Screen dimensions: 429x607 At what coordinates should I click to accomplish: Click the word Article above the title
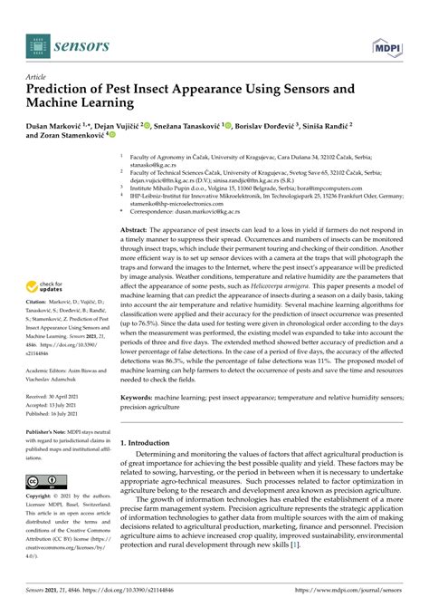pos(38,79)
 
